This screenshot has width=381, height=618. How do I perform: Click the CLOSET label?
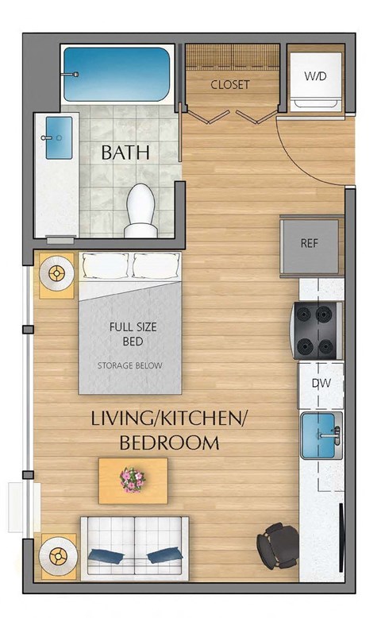229,84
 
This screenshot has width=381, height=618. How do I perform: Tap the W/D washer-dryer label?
314,76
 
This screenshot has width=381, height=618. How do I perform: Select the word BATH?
125,153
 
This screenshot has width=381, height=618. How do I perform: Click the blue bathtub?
117,74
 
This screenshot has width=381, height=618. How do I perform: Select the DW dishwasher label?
321,384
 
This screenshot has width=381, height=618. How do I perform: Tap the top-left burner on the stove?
306,314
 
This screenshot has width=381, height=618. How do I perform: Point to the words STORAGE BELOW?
130,366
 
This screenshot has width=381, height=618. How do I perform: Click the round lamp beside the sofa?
58,554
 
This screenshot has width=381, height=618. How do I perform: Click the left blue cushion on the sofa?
106,555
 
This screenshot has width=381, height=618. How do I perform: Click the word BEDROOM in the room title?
169,443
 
